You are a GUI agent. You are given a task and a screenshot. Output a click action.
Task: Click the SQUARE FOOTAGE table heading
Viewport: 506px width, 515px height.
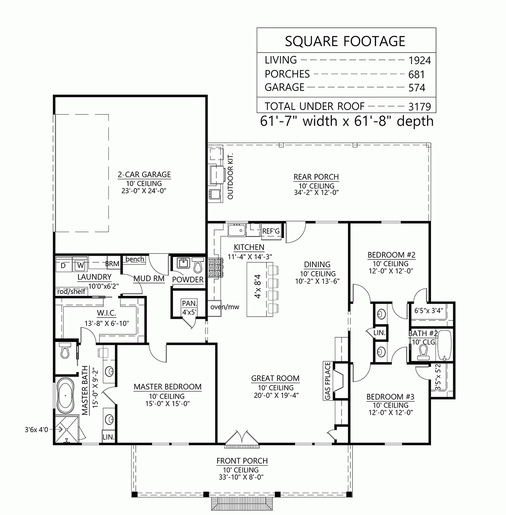(x=345, y=41)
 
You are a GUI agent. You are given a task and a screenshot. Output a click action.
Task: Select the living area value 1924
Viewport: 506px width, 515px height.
(x=420, y=61)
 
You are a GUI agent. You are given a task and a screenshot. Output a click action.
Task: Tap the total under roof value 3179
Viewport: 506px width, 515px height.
(x=419, y=107)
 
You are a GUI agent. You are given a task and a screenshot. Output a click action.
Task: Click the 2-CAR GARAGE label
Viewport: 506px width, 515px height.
(x=144, y=174)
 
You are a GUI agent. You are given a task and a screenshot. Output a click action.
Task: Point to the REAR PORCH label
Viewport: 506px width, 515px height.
(x=316, y=177)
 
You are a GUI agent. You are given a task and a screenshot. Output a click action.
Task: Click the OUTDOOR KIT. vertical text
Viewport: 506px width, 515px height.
(x=230, y=176)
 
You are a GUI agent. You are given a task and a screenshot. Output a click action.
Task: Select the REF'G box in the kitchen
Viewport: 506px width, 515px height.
(x=271, y=231)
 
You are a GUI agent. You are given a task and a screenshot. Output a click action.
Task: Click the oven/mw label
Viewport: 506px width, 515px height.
(x=225, y=307)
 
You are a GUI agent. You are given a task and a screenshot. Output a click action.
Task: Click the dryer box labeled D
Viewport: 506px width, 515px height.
(x=63, y=266)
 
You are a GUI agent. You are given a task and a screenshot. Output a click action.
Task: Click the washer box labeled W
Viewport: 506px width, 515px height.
(x=80, y=266)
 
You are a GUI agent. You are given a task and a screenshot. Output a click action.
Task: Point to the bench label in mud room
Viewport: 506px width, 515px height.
(x=135, y=259)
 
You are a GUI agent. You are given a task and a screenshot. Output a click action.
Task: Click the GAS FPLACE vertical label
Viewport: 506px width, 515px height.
(x=328, y=380)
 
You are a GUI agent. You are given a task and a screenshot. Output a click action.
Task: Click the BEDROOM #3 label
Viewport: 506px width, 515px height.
(x=390, y=397)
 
